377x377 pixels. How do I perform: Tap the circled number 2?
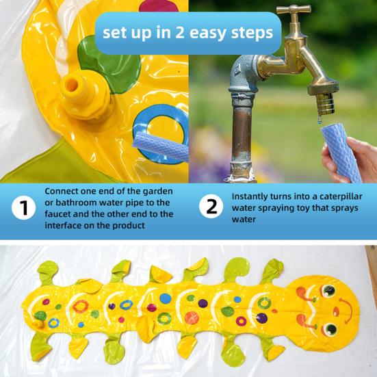(x=211, y=207)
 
